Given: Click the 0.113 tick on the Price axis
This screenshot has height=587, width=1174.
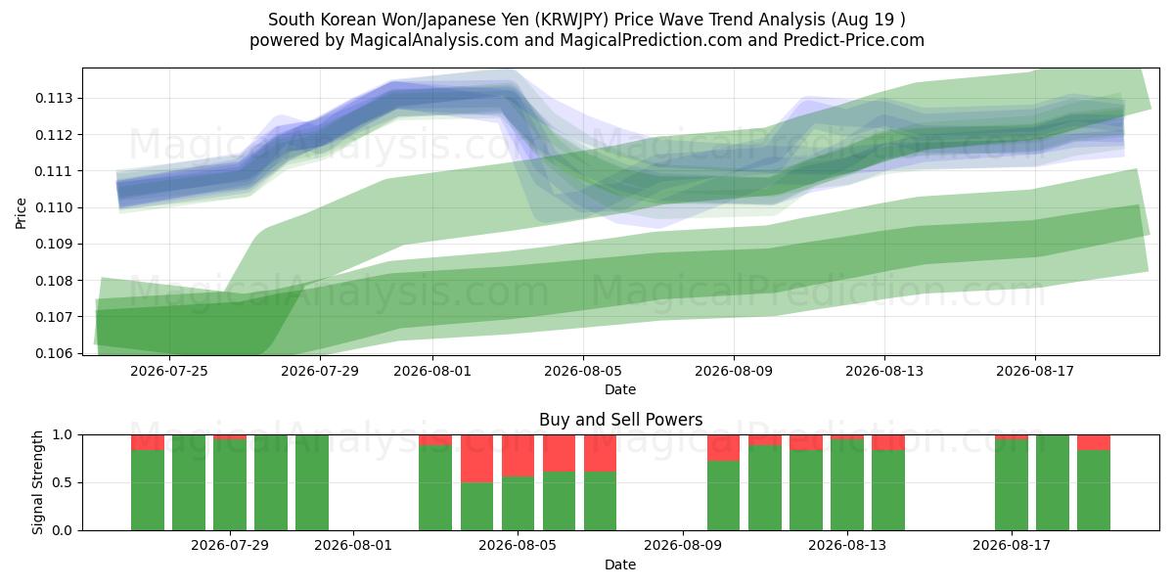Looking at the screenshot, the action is click(55, 99).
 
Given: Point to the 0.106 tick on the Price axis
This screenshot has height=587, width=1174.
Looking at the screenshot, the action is click(55, 353).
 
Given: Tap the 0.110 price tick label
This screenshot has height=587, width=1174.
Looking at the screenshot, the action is click(55, 208).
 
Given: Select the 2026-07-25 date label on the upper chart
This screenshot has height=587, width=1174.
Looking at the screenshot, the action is click(168, 371).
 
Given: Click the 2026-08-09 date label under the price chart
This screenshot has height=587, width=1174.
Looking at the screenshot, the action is click(733, 371).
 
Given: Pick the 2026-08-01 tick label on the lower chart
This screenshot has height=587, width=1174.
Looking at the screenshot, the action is click(353, 545).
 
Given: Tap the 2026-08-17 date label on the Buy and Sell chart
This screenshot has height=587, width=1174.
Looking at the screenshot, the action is click(1012, 545).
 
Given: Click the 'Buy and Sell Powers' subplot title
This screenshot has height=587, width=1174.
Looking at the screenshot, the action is click(620, 420).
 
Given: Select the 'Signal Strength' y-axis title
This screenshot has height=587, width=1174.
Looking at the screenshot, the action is click(37, 482).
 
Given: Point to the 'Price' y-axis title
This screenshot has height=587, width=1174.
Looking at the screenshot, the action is click(21, 213).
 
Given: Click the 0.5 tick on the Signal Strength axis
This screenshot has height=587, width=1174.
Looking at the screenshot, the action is click(63, 482).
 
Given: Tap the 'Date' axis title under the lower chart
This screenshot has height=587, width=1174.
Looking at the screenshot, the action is click(620, 564).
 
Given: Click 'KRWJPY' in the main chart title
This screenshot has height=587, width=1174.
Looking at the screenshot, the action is click(574, 20).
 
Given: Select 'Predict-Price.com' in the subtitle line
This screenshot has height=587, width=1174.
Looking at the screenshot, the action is click(854, 40).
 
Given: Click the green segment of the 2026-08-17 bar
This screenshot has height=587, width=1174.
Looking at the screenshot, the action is click(1012, 485).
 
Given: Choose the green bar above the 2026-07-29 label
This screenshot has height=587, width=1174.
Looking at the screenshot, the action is click(230, 485).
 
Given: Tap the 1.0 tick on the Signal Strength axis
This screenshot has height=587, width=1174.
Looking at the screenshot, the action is click(63, 435).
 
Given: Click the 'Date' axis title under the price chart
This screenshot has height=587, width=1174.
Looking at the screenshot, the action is click(620, 389).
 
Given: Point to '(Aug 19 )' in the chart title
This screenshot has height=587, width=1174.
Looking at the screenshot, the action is click(868, 20).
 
